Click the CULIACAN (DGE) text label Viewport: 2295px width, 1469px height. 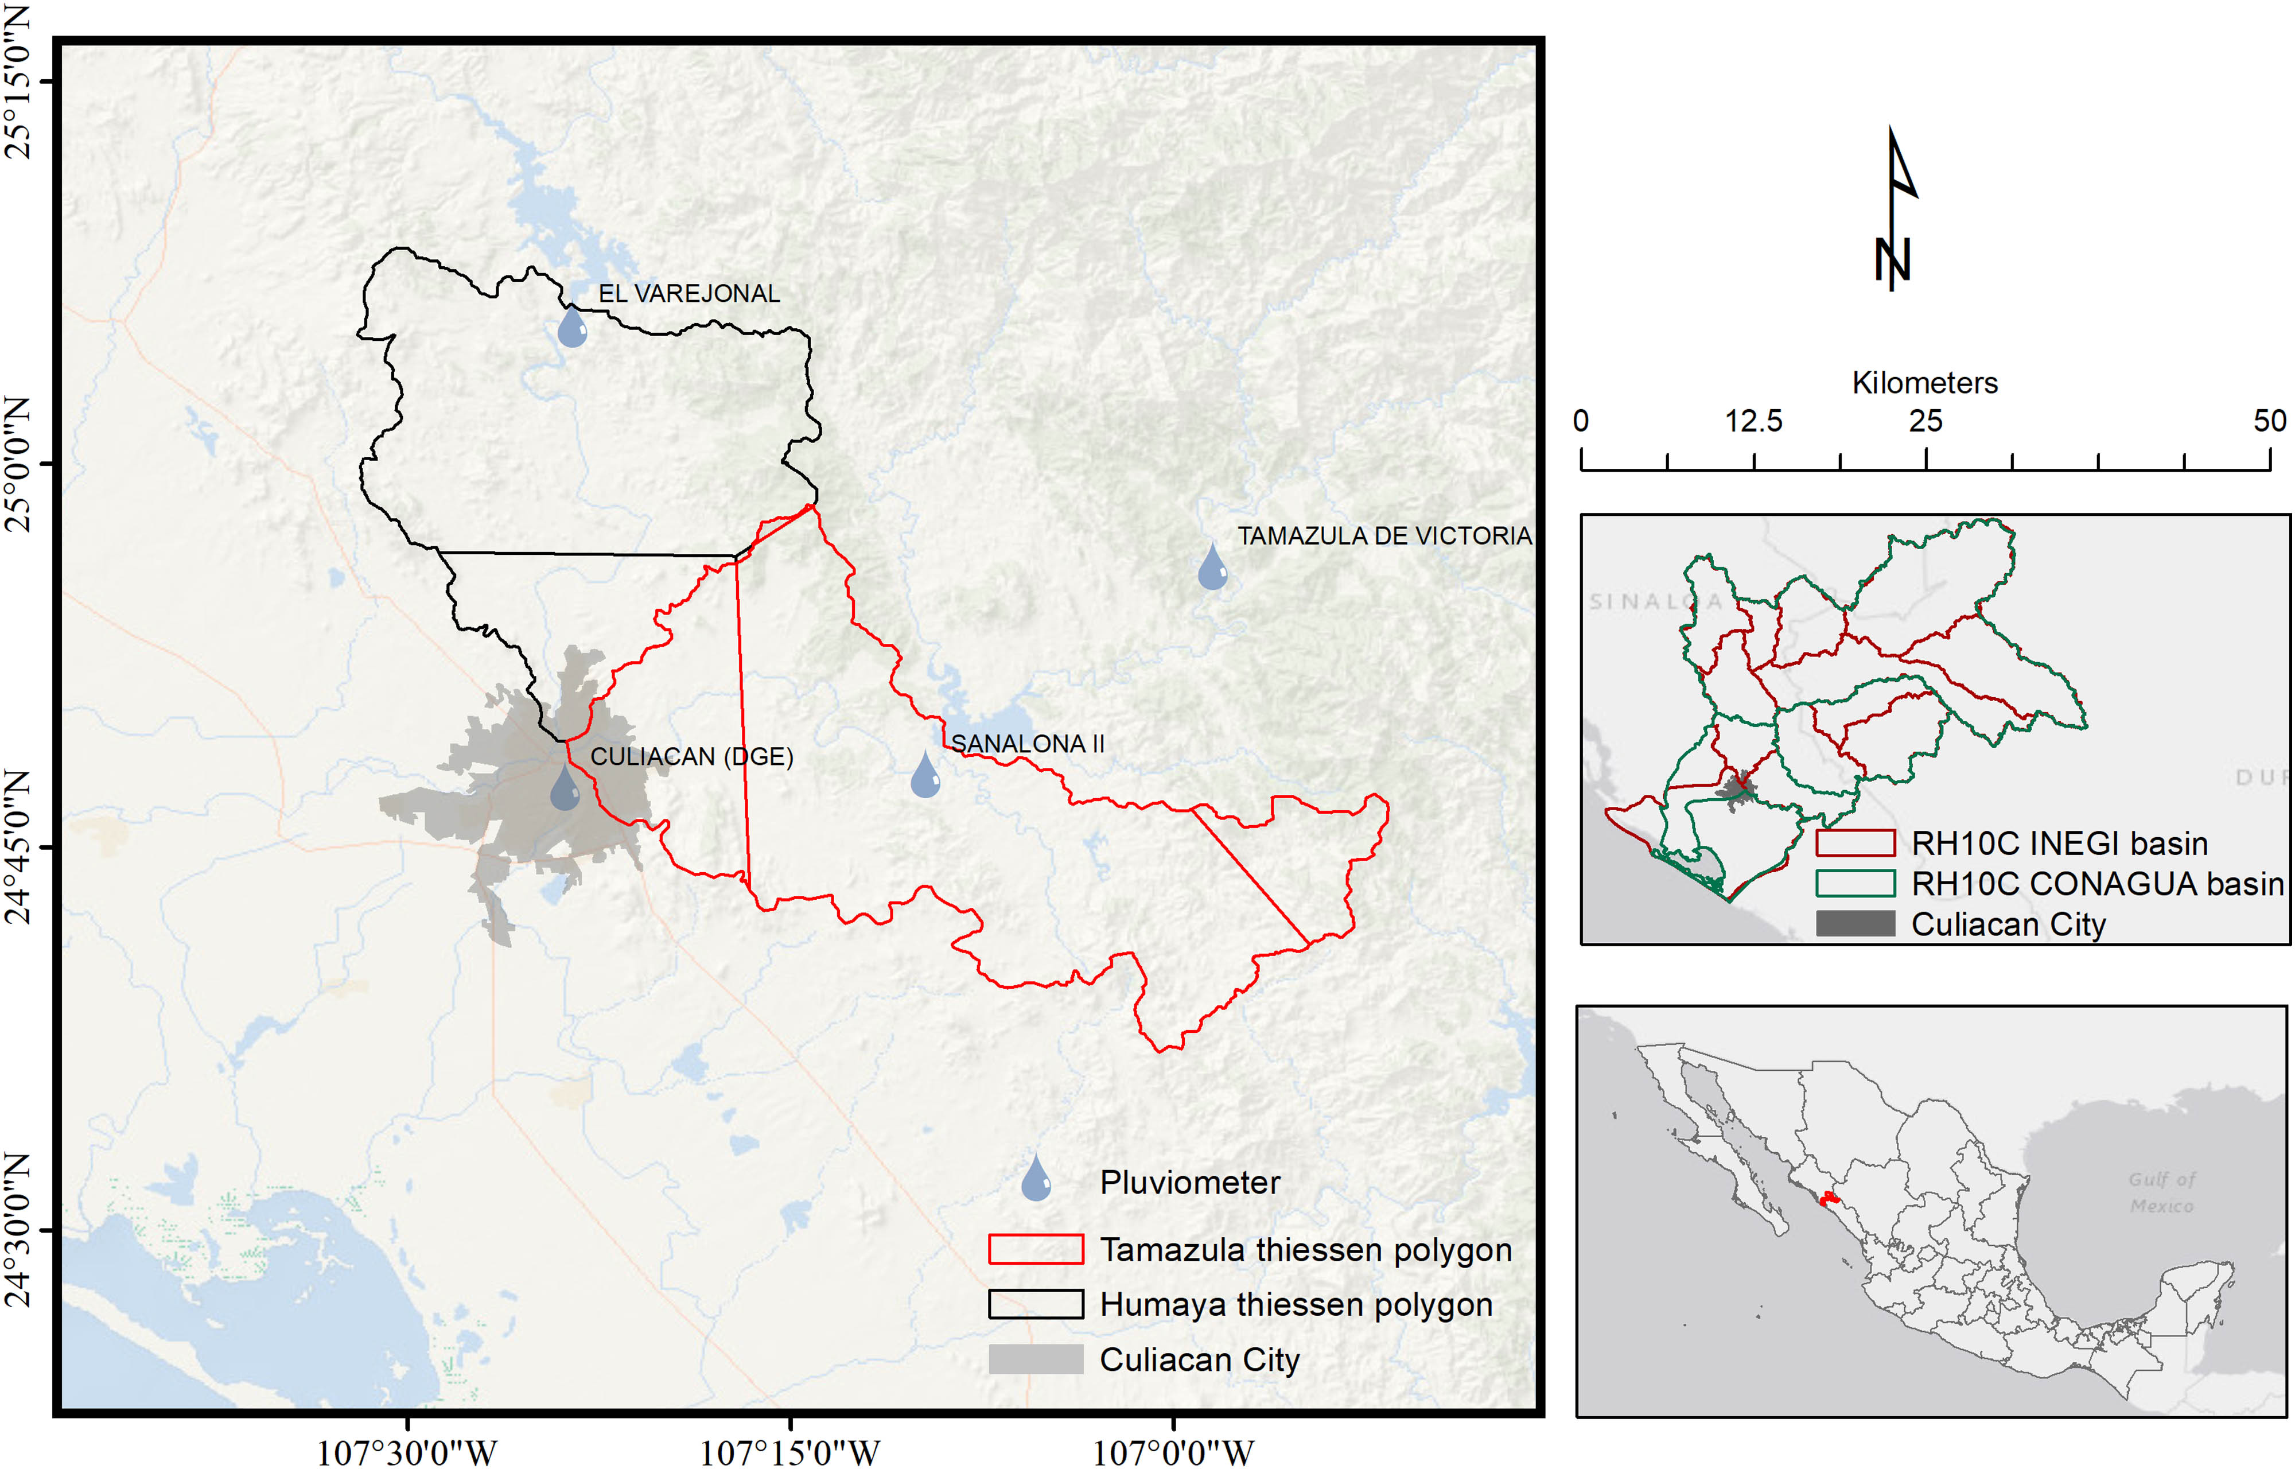[691, 756]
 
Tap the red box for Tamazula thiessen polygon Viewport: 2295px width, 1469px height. [1036, 1250]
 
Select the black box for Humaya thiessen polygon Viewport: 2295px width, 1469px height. [1036, 1304]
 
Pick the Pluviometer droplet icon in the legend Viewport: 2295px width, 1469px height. [1036, 1179]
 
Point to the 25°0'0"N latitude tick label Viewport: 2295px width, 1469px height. [19, 465]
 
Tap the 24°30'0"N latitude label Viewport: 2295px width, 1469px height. [19, 1230]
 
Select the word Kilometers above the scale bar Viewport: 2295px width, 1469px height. [1924, 383]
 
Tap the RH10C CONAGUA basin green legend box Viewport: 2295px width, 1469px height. [1854, 883]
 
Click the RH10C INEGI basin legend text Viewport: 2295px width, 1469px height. [2060, 844]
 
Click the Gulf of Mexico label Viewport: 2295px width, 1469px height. [2161, 1192]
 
